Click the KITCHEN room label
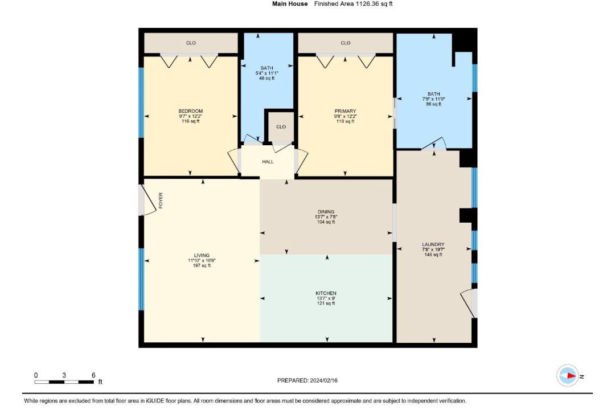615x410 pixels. (326, 293)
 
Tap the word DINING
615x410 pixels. (326, 211)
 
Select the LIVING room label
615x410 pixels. (202, 255)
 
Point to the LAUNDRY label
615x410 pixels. (433, 244)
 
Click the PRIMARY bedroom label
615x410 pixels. (345, 111)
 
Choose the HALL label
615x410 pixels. (268, 162)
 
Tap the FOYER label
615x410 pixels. (161, 200)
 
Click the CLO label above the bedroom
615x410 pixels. (191, 43)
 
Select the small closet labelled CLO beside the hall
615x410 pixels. (281, 127)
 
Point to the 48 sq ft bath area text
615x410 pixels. (266, 78)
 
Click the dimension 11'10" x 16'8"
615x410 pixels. (202, 260)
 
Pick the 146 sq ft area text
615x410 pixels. (433, 255)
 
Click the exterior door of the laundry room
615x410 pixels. (469, 303)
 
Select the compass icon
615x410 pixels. (568, 375)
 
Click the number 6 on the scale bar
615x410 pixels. (93, 375)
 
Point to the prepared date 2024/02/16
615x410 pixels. (323, 380)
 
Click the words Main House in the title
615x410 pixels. (290, 4)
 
